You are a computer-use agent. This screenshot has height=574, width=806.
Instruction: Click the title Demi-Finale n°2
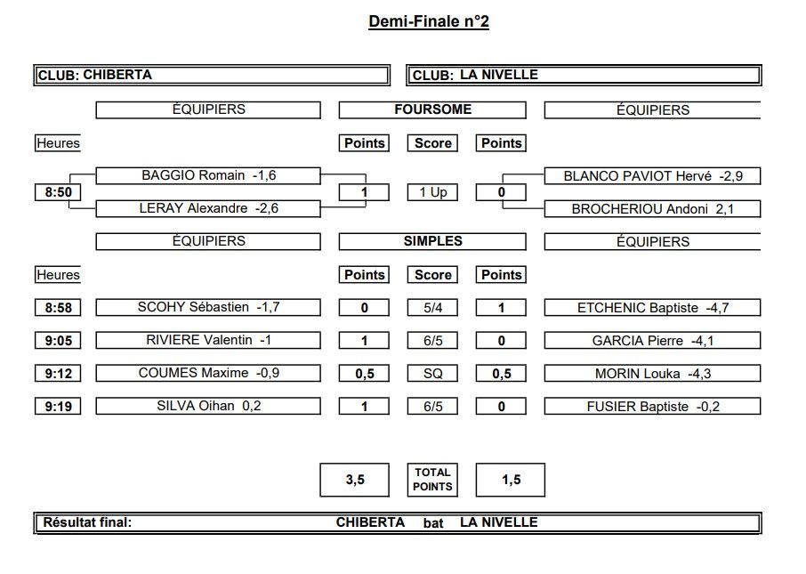429,21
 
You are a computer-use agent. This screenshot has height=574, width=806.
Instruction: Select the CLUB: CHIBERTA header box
212,75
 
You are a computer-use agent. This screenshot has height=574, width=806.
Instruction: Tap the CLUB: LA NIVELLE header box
584,75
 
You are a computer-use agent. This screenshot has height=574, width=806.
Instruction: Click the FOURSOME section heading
432,109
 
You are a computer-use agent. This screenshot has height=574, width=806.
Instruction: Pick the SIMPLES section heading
432,241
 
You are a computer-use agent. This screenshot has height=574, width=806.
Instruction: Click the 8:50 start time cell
58,192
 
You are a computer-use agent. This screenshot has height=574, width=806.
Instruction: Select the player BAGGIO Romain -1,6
208,175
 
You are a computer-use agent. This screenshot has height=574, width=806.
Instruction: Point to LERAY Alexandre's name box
208,208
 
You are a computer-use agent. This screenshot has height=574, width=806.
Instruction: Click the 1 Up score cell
432,192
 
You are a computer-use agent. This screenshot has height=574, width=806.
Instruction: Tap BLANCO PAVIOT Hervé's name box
652,176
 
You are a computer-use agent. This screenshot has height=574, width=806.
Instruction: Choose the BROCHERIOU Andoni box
652,209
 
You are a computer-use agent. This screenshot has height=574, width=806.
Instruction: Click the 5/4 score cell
432,308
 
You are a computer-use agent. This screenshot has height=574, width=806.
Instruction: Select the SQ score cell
432,374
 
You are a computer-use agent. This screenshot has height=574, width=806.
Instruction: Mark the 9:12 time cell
58,374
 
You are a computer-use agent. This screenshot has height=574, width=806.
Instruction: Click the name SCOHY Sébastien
193,307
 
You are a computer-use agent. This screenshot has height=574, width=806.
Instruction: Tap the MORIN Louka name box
652,374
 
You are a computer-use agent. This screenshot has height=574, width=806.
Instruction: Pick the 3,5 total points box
355,480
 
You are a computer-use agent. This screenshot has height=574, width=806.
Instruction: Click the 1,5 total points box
511,480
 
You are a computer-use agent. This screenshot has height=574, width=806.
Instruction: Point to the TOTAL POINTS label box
432,480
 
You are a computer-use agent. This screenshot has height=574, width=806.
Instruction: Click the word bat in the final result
433,523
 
